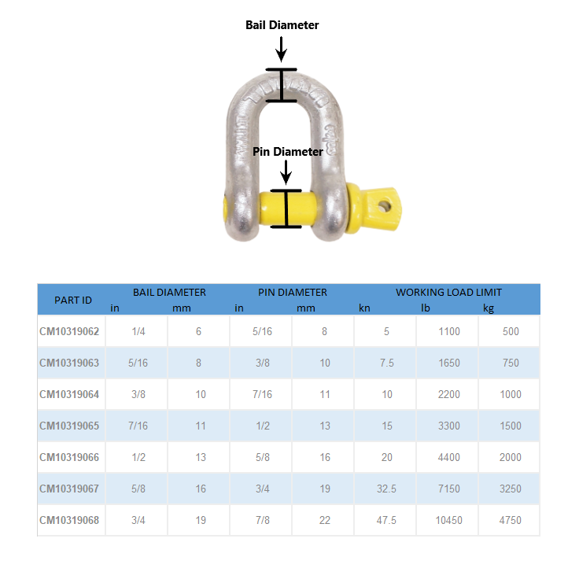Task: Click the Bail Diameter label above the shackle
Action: point(282,25)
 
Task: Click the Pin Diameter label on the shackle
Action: point(287,151)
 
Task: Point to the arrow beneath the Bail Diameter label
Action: point(282,49)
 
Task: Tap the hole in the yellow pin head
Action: point(385,206)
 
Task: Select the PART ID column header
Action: point(72,300)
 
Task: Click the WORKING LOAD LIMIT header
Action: point(448,292)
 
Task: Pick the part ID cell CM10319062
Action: point(69,331)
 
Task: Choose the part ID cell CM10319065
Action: point(69,426)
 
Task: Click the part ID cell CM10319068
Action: point(69,520)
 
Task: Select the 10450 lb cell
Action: point(448,520)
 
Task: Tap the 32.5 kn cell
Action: point(386,489)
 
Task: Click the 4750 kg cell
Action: point(510,520)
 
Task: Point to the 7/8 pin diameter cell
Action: point(261,520)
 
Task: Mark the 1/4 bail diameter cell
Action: point(138,331)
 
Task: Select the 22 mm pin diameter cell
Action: point(324,520)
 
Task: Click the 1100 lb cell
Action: point(448,331)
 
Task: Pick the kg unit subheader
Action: point(489,308)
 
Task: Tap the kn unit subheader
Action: point(364,308)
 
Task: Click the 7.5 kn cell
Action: point(386,363)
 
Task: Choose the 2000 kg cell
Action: point(510,457)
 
